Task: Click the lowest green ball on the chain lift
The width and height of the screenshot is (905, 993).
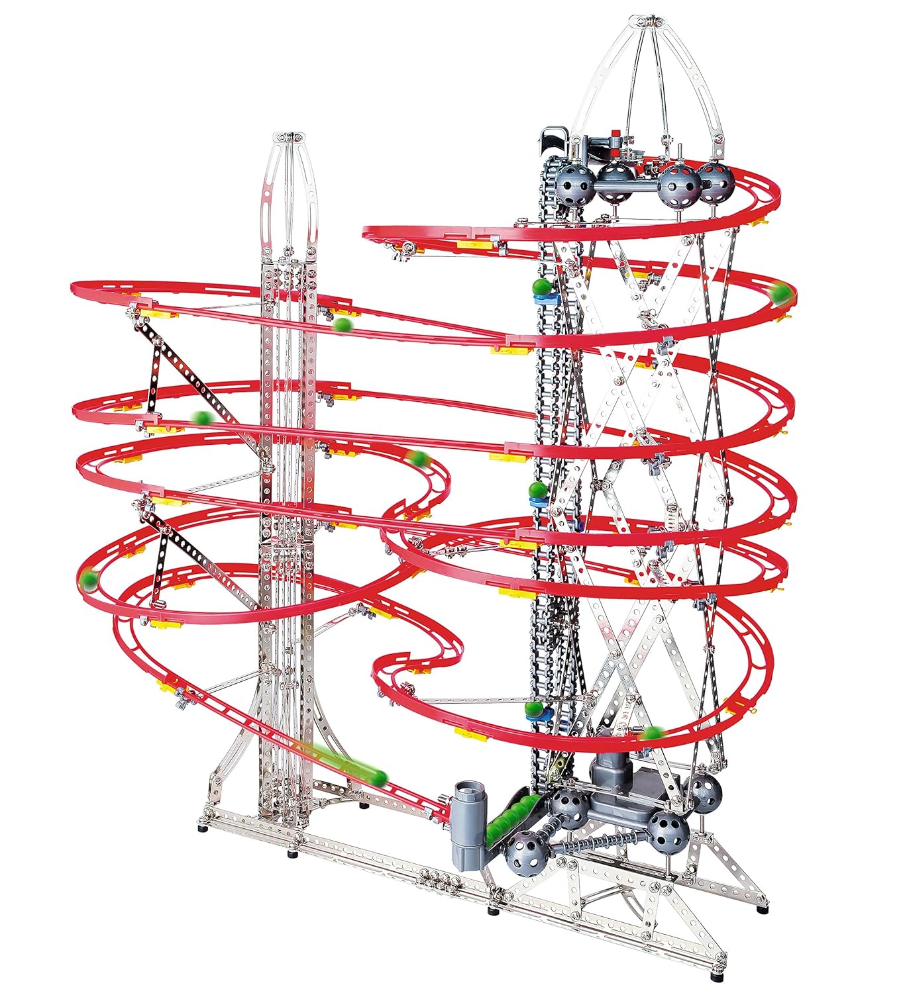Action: (534, 709)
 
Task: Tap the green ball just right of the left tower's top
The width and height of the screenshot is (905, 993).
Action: (342, 324)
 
